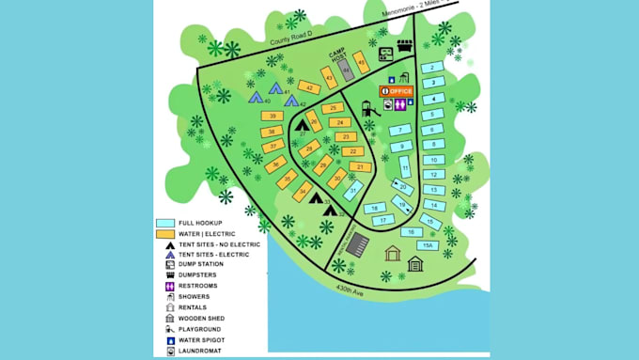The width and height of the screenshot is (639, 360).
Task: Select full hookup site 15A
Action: pyautogui.click(x=428, y=244)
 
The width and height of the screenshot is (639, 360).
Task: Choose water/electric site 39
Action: pyautogui.click(x=272, y=116)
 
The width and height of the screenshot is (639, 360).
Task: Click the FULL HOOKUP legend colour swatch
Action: pyautogui.click(x=164, y=224)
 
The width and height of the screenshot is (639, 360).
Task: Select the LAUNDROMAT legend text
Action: pyautogui.click(x=197, y=351)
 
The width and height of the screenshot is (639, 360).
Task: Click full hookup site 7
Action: pyautogui.click(x=401, y=130)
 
